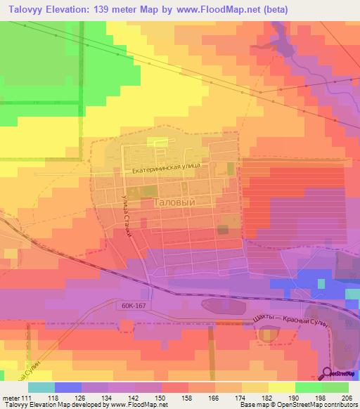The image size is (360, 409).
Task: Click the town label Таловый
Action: (173, 201)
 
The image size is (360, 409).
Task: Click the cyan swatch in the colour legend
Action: (41, 387)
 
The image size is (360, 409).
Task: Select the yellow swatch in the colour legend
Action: (281, 387)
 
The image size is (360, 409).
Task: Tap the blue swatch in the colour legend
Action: (67, 387)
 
